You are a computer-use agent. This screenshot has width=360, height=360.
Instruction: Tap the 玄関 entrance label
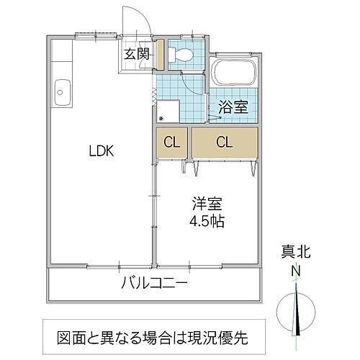135,54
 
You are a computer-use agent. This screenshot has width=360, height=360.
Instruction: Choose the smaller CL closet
171,142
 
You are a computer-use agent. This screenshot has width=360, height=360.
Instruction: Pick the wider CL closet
224,142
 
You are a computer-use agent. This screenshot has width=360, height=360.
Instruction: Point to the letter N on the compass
294,271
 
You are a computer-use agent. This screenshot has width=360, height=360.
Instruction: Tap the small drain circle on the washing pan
161,119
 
